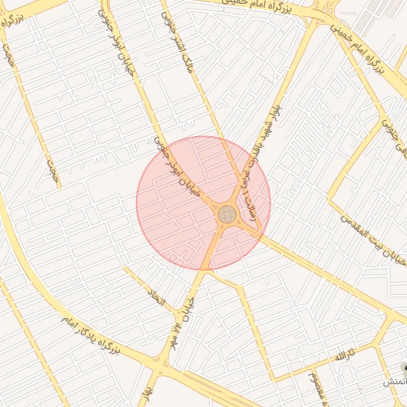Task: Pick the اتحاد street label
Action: coord(155,300)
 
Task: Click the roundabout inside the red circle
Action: coord(227,213)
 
